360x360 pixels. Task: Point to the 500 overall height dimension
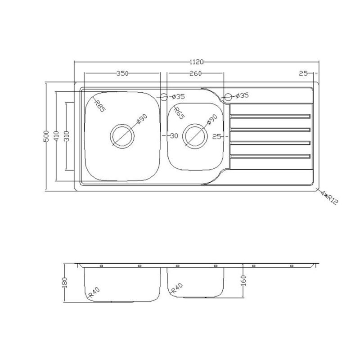coord(45,136)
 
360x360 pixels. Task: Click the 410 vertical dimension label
coord(56,136)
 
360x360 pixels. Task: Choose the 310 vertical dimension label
coord(66,136)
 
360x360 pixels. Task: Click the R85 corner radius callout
coord(100,105)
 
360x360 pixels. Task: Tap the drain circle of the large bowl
coord(123,135)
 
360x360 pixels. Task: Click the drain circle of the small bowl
coord(195,135)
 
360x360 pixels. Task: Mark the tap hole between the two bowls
coord(164,96)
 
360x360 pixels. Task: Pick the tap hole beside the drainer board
coord(228,96)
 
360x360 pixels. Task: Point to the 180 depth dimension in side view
coord(65,282)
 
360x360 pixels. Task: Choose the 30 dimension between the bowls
coord(173,136)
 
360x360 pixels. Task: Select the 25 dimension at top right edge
coord(302,73)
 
